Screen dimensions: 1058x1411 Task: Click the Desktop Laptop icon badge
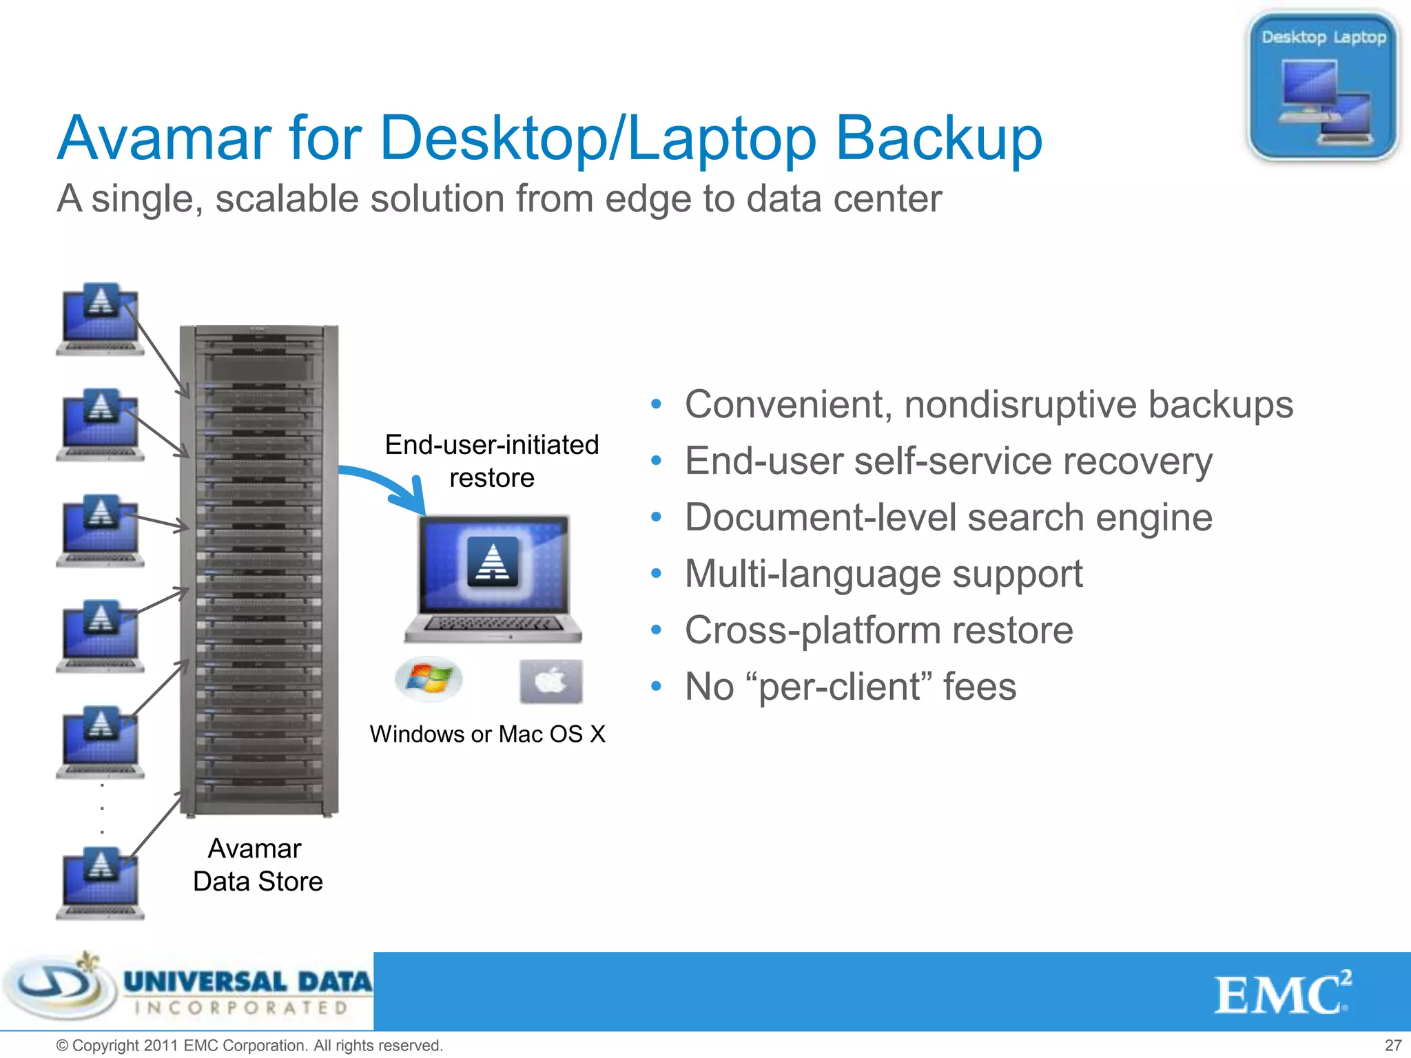(x=1322, y=86)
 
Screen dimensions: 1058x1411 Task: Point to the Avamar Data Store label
(x=257, y=865)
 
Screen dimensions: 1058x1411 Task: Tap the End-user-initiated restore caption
(x=492, y=461)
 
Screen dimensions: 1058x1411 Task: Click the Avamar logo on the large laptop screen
(x=493, y=561)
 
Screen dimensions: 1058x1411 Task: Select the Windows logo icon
(x=429, y=678)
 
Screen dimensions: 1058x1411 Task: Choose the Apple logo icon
(x=550, y=681)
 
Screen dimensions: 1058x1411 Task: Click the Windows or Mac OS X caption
(x=487, y=734)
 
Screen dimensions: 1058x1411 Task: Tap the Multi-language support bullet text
(x=883, y=574)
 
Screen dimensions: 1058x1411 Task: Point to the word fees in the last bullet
(x=979, y=687)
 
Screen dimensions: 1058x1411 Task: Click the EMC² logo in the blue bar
(x=1282, y=994)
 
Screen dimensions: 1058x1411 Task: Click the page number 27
(x=1392, y=1046)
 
